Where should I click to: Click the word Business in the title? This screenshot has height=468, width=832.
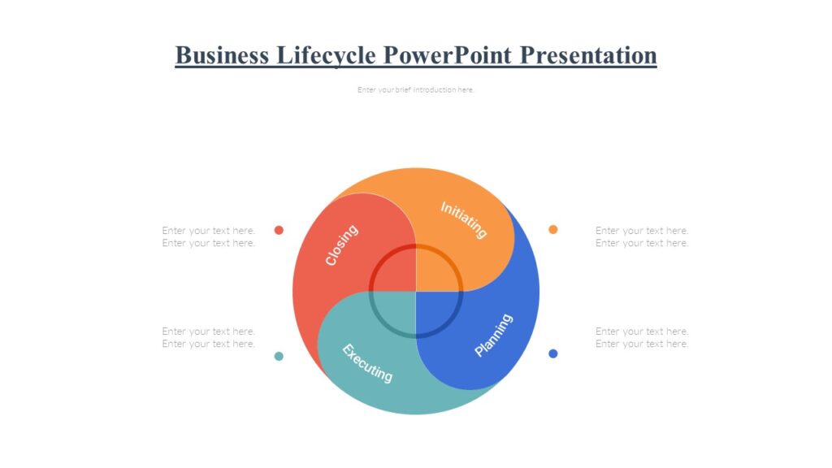pyautogui.click(x=223, y=55)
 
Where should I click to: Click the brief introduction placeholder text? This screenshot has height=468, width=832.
pyautogui.click(x=415, y=90)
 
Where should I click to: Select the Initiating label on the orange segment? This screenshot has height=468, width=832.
pyautogui.click(x=464, y=219)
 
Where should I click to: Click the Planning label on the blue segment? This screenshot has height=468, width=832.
pyautogui.click(x=494, y=335)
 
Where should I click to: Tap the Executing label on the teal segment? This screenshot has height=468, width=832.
pyautogui.click(x=367, y=363)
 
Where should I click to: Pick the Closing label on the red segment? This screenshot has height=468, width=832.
pyautogui.click(x=341, y=245)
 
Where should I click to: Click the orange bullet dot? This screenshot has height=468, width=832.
pyautogui.click(x=553, y=229)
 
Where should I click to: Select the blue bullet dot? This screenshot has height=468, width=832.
pyautogui.click(x=553, y=353)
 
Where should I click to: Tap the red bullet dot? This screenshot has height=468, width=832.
pyautogui.click(x=279, y=230)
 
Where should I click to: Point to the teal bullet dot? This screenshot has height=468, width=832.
pyautogui.click(x=279, y=356)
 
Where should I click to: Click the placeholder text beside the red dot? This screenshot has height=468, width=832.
pyautogui.click(x=209, y=236)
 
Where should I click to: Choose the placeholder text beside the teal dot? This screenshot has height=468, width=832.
pyautogui.click(x=209, y=337)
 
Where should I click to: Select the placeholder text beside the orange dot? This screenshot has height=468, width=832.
pyautogui.click(x=642, y=236)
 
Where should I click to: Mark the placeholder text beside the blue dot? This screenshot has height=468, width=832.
pyautogui.click(x=642, y=337)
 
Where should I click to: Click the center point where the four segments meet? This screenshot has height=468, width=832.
pyautogui.click(x=416, y=291)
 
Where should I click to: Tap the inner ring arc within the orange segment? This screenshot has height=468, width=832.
pyautogui.click(x=448, y=259)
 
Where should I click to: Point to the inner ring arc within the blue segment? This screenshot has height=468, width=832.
pyautogui.click(x=448, y=323)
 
